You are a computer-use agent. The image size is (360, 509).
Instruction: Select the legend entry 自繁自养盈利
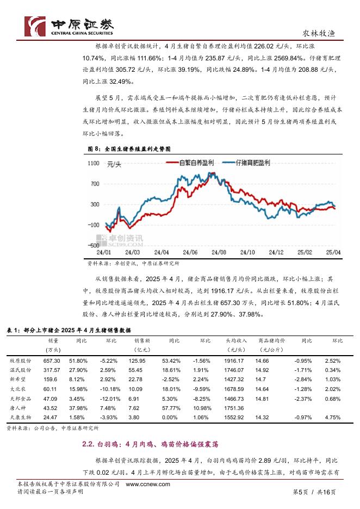point(196,163)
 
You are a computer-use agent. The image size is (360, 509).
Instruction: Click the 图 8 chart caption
point(129,148)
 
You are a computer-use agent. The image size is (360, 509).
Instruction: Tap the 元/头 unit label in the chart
point(115,164)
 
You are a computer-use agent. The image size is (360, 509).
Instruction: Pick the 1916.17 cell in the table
point(234,361)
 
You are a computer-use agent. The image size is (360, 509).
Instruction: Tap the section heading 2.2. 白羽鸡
point(150,445)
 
